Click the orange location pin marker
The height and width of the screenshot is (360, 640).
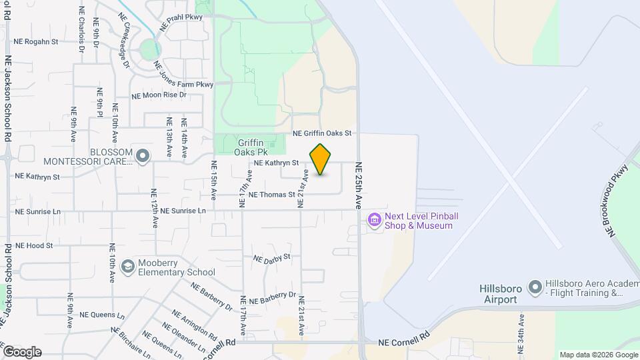320,160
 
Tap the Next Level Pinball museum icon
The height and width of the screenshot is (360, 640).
374,220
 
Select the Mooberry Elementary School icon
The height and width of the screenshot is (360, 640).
127,267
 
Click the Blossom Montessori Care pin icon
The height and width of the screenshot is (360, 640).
142,156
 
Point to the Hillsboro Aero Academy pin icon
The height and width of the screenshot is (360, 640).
535,287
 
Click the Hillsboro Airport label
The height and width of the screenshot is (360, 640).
499,294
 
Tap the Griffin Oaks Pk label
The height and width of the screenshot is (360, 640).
249,147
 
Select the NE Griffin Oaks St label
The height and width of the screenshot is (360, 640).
321,134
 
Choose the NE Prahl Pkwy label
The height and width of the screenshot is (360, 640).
181,22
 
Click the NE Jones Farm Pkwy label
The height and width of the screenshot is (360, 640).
183,75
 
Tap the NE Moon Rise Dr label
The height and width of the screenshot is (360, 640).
159,95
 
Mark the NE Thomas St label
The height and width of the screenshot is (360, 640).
271,195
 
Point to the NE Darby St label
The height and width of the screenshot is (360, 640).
272,257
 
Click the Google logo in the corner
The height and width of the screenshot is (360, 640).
21,352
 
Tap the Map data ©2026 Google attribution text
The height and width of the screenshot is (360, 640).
598,355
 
